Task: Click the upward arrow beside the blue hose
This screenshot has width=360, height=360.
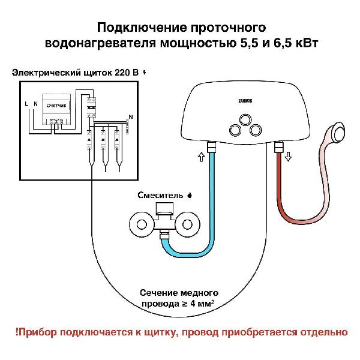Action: click(201, 157)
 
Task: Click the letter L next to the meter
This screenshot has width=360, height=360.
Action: click(26, 104)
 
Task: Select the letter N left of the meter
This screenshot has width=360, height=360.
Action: click(35, 104)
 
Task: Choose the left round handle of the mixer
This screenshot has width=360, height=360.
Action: click(142, 226)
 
